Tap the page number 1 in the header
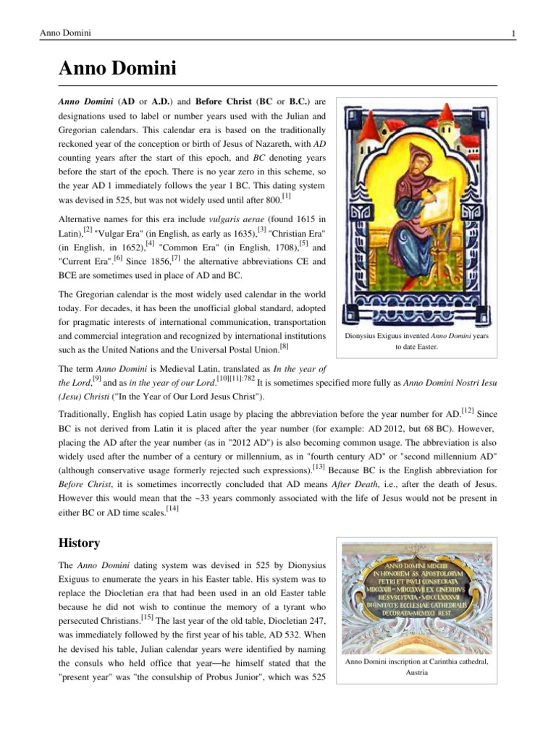pos(513,33)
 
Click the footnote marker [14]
pos(172,509)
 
